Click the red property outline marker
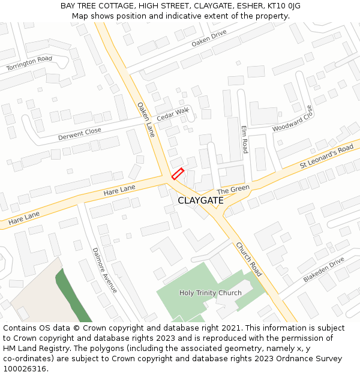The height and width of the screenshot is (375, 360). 177,174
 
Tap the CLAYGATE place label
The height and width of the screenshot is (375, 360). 200,200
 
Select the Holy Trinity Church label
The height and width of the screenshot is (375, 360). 211,293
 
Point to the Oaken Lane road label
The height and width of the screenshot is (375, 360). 146,119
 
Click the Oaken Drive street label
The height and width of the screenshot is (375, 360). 209,39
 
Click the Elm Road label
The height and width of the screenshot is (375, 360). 244,139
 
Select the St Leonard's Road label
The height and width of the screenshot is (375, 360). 326,157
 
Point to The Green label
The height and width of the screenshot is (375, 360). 233,189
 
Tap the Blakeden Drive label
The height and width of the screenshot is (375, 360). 323,270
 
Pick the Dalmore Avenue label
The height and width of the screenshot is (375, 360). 104,270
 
